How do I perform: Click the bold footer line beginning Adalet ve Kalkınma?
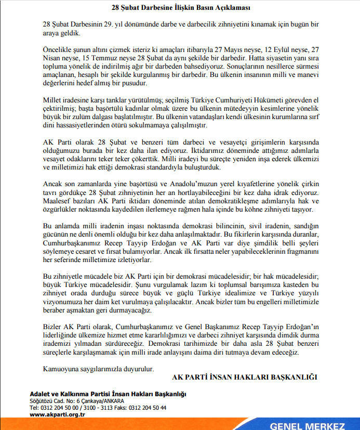point(108,395)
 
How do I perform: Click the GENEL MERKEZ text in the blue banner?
point(307,426)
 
